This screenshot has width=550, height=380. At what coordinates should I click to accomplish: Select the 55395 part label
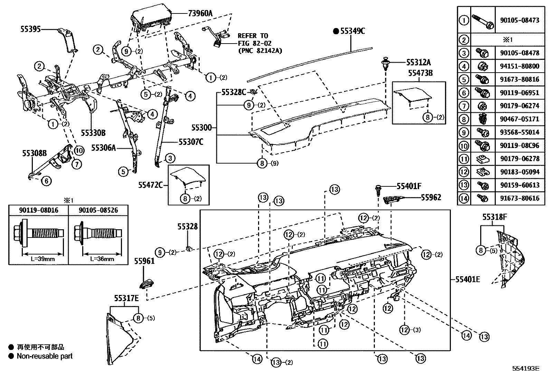point(30,30)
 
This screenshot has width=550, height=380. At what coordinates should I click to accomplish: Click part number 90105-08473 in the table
point(519,20)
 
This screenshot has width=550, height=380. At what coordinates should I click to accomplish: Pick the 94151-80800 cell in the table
point(519,66)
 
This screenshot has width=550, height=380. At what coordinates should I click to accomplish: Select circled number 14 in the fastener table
point(464,198)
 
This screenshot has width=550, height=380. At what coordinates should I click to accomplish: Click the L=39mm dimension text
point(43,259)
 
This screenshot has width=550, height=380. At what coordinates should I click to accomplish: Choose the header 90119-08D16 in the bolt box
point(38,210)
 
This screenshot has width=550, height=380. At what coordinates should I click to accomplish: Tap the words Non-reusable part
point(45,356)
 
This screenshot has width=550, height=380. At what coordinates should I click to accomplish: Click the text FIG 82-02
point(255,43)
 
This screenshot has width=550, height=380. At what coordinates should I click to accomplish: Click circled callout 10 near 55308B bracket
point(79,150)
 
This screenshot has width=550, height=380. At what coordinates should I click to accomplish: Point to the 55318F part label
point(495,217)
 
